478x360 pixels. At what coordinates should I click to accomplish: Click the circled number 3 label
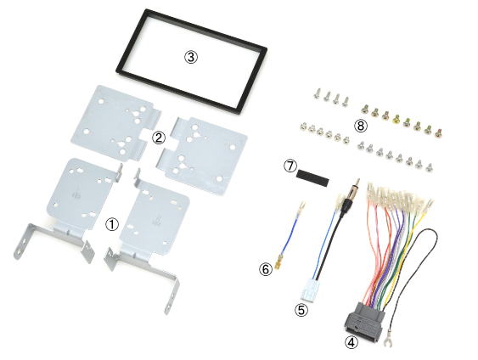[191, 57]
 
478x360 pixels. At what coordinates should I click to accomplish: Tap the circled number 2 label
[159, 138]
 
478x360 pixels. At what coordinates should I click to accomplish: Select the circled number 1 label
[112, 225]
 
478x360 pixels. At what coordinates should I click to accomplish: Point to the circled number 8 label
[361, 126]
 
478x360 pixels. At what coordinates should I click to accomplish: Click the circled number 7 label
[290, 166]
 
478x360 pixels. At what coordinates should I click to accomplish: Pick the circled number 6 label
[266, 269]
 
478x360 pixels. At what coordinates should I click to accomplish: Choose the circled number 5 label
[301, 310]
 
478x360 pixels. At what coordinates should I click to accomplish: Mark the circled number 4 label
[351, 342]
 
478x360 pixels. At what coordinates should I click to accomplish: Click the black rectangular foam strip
[312, 178]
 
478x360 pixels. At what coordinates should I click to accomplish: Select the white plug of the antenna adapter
[308, 290]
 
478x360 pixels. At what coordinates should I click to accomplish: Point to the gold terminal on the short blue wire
[278, 264]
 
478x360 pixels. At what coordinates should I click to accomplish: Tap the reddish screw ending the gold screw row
[438, 132]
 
